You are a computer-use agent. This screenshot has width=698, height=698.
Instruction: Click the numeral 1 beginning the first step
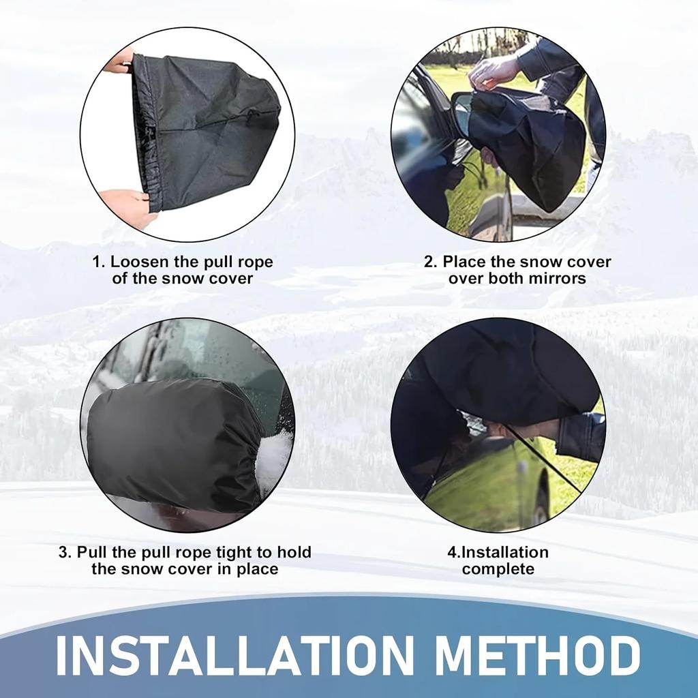(x=97, y=262)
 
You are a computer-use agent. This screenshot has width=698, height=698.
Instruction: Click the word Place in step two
(x=464, y=262)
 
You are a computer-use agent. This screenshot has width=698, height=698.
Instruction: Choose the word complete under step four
(x=498, y=569)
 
